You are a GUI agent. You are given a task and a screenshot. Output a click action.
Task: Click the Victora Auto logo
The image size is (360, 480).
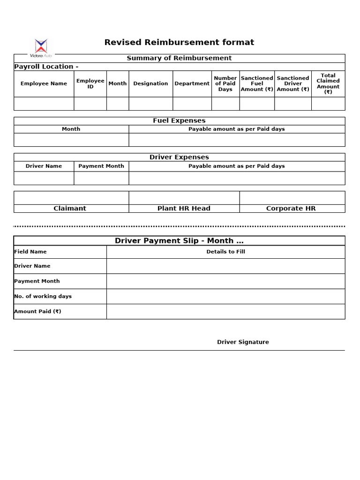tap(41, 48)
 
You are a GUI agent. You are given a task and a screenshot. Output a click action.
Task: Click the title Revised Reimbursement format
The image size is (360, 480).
tap(179, 43)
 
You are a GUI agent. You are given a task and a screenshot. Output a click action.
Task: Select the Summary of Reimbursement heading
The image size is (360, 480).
tap(179, 58)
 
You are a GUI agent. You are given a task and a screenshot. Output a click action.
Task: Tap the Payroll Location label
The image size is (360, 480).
tap(46, 67)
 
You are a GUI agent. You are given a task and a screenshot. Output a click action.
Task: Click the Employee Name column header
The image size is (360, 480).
tap(44, 83)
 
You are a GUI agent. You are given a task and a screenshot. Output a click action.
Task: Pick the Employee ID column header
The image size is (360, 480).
tap(90, 83)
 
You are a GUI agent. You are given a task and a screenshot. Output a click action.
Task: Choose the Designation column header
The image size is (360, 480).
tap(150, 83)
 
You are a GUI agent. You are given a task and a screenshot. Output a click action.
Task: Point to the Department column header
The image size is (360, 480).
tap(192, 83)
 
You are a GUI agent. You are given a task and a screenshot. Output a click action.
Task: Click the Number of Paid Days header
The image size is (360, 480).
tap(225, 83)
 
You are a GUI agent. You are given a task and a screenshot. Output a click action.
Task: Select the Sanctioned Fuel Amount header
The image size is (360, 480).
tap(257, 83)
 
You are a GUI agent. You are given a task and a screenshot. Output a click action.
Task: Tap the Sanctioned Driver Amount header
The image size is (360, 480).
tap(292, 83)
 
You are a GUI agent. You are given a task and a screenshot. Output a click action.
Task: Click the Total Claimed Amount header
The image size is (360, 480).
tap(328, 83)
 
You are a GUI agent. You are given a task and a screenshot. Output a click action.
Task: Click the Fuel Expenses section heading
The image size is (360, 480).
tap(179, 120)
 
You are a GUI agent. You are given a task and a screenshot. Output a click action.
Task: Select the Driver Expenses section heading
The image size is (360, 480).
tap(179, 157)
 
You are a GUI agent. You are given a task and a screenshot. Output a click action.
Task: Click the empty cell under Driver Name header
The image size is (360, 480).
tap(44, 178)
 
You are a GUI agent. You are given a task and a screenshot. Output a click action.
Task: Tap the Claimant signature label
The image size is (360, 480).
tap(70, 209)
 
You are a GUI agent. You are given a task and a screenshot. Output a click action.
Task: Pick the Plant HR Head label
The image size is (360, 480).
tap(184, 209)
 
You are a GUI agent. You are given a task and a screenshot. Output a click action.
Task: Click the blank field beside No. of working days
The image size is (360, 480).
tap(225, 296)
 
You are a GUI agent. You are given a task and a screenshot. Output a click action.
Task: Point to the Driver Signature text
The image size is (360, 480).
tap(243, 342)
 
